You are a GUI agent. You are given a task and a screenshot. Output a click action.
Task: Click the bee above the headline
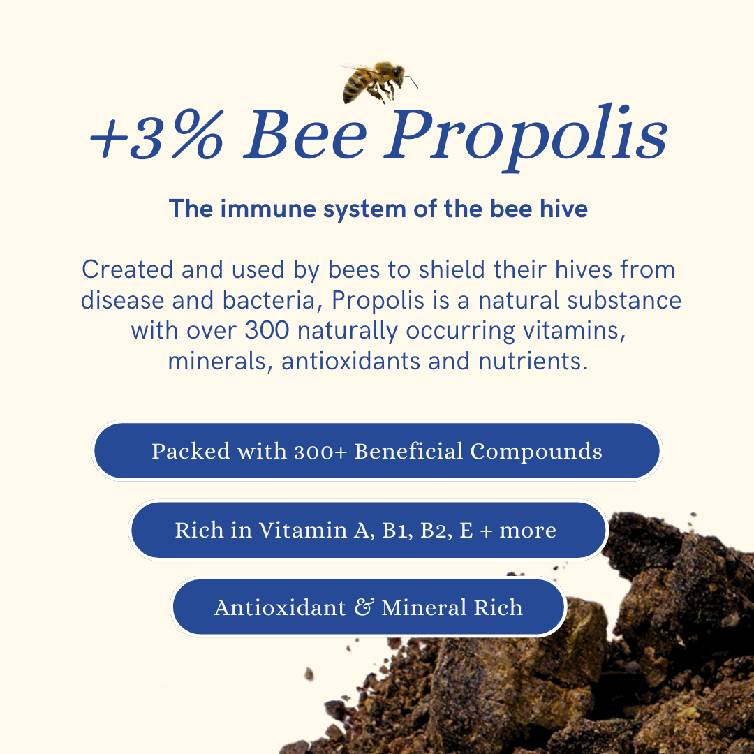(x=378, y=82)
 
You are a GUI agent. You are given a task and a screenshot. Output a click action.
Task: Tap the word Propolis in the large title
(x=525, y=137)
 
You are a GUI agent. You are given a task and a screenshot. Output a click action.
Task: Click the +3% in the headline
(x=157, y=135)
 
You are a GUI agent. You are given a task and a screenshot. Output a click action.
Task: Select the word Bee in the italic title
(x=305, y=134)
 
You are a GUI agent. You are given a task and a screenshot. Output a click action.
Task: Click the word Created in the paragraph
(x=128, y=269)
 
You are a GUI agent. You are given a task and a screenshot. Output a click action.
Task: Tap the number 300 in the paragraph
(x=267, y=330)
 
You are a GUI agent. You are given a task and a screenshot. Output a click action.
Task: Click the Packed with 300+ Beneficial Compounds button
(x=377, y=451)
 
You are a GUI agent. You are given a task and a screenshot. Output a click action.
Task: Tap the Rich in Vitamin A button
(x=369, y=530)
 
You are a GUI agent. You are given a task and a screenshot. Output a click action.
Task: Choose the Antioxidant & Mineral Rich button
(x=369, y=607)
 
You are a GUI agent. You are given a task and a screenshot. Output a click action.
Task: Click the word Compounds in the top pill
(x=536, y=452)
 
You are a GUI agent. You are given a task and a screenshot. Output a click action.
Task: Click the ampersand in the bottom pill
(x=364, y=607)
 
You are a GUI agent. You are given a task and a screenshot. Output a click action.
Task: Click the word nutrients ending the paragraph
(x=533, y=361)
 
